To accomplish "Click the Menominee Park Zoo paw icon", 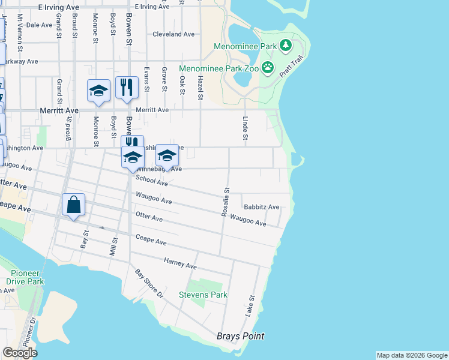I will [x=268, y=68].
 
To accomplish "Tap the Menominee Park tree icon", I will [x=286, y=45].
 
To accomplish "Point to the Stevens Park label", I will [x=203, y=295].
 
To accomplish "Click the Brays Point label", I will [x=240, y=336].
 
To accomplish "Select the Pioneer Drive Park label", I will [x=26, y=277].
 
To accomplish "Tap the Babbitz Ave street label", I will [x=266, y=207].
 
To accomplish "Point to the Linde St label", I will [x=245, y=129].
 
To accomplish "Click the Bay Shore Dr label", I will [x=149, y=284].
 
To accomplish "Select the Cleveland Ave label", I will [x=173, y=34].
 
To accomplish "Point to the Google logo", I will [x=20, y=353].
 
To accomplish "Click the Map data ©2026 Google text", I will [x=412, y=355].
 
